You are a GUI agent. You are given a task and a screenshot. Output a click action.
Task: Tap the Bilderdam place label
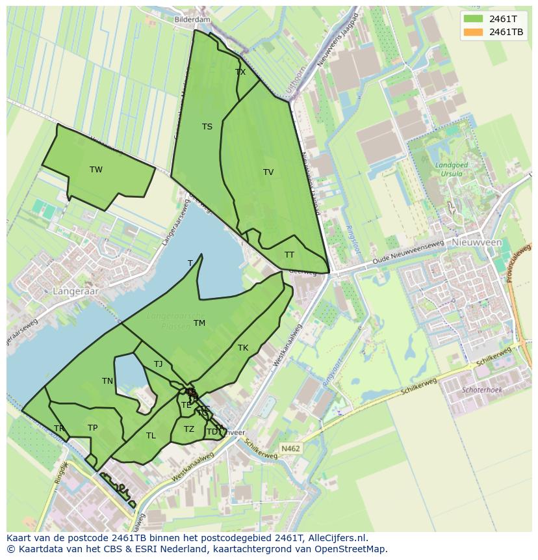[x=192, y=20]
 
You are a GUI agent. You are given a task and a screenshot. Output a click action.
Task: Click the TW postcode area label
[x=96, y=170]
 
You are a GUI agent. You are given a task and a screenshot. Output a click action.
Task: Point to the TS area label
[x=207, y=127]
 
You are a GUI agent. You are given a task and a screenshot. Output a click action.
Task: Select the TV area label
[x=268, y=172]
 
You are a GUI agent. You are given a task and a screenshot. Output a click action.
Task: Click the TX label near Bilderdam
[x=240, y=72]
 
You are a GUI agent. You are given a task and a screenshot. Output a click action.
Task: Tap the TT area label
[x=289, y=255]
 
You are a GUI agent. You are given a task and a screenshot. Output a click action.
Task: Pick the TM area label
[x=199, y=323]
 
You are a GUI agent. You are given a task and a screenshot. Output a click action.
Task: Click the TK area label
[x=243, y=348]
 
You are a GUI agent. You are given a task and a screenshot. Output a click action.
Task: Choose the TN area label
[x=107, y=381]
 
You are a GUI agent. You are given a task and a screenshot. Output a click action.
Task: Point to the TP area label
[x=92, y=428]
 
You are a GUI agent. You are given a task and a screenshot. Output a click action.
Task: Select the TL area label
[x=151, y=436]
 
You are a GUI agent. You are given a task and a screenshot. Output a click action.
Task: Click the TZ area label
[x=188, y=429]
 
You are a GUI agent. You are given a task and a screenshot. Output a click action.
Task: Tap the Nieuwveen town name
[x=477, y=242]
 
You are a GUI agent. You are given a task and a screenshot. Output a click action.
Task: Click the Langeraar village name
[x=77, y=292]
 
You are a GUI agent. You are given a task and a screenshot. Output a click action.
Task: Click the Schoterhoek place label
[x=481, y=390]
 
